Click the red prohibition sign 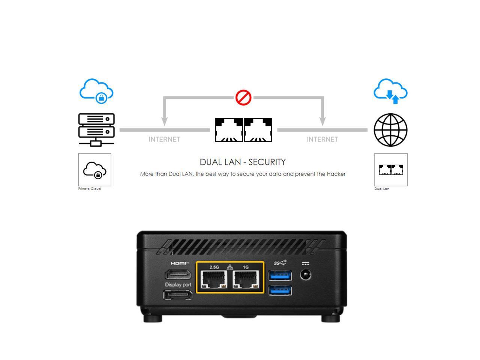[x=243, y=97]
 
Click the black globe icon [x=390, y=130]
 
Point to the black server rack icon [x=96, y=129]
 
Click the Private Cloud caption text [x=89, y=189]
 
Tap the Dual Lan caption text [x=382, y=189]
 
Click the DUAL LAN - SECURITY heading [x=243, y=162]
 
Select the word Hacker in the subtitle [x=336, y=174]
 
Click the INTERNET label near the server [x=164, y=139]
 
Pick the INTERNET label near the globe [x=322, y=139]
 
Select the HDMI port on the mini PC [x=178, y=274]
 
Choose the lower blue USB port [x=280, y=290]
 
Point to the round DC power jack [x=306, y=275]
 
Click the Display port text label [x=178, y=285]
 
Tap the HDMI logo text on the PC [x=180, y=263]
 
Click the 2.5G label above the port [x=214, y=267]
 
